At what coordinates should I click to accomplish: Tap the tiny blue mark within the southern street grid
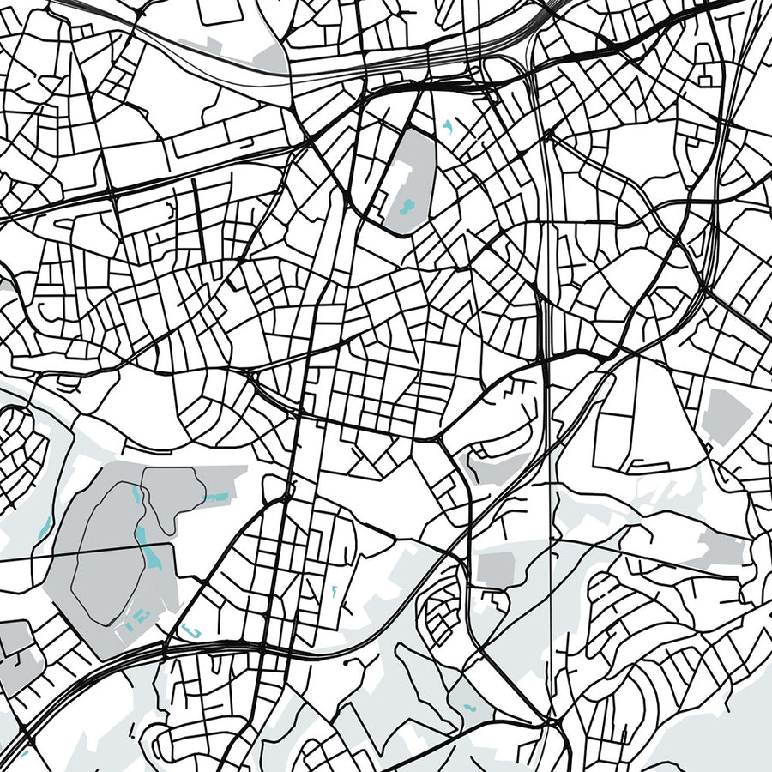(x=335, y=590)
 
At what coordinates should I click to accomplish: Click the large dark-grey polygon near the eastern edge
(x=726, y=416)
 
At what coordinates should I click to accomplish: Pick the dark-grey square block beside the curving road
(x=494, y=570)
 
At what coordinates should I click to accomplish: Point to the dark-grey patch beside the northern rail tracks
(x=270, y=58)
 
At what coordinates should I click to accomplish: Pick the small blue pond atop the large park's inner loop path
(x=138, y=494)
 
